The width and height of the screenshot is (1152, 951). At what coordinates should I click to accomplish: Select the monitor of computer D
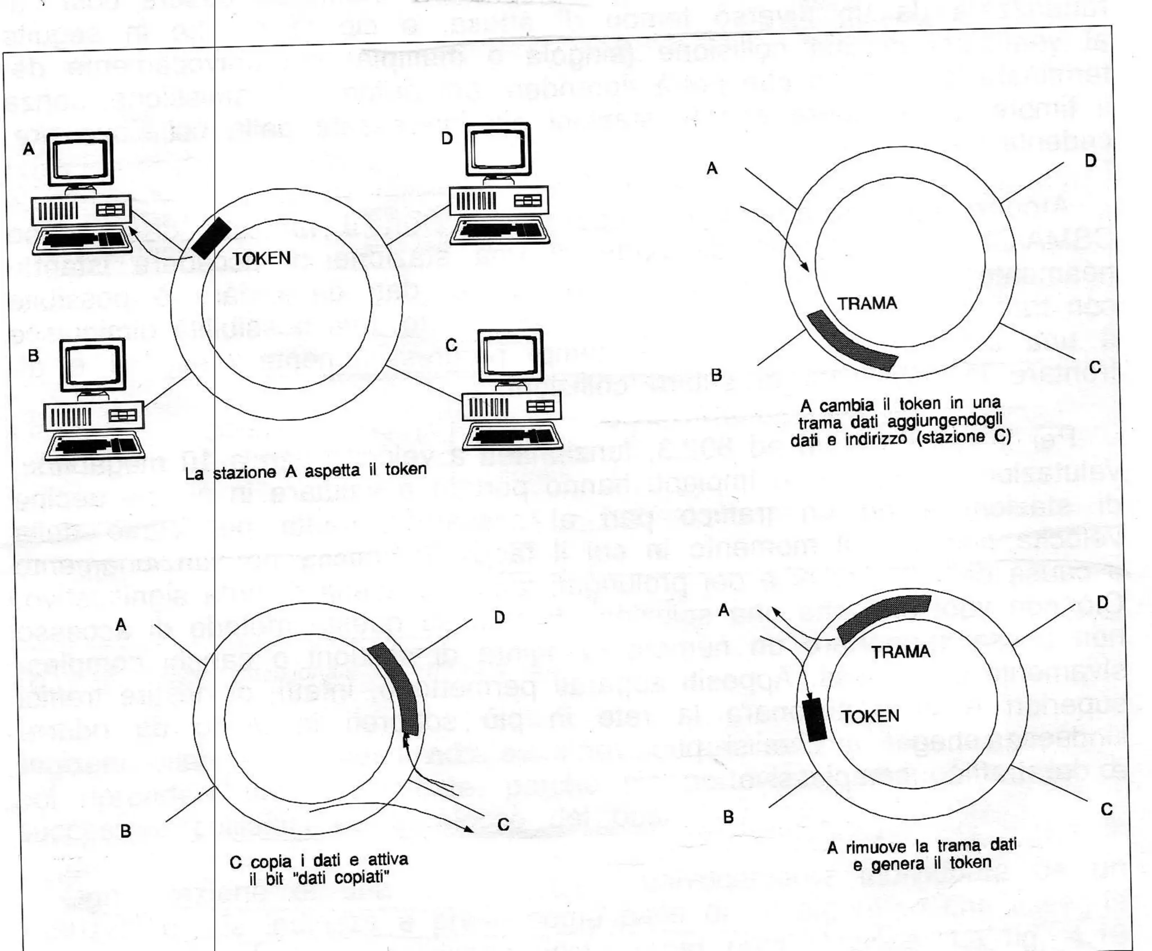498,148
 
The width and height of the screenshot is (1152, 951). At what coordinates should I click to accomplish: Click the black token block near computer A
211,237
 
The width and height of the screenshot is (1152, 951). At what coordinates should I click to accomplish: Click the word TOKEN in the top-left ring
262,259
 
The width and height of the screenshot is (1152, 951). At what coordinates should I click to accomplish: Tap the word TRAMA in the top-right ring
867,304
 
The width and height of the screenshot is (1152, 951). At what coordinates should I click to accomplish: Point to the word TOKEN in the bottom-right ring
870,716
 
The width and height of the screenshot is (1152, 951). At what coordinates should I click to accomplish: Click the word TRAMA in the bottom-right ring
900,652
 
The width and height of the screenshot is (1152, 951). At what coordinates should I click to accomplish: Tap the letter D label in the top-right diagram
1090,161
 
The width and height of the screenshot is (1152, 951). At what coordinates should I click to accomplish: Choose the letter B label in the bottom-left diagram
125,831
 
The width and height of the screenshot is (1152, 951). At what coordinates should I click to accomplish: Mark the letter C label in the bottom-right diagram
1106,809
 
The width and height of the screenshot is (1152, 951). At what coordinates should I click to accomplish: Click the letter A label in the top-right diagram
712,168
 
